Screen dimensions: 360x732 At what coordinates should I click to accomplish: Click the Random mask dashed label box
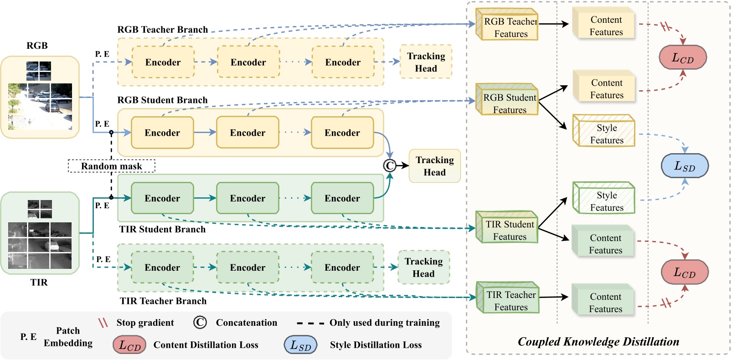[x=112, y=166]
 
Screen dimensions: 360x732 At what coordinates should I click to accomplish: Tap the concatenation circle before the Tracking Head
[x=390, y=165]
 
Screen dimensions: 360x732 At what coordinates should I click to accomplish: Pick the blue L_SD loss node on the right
[x=685, y=166]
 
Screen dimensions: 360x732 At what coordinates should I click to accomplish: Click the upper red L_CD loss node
[x=683, y=57]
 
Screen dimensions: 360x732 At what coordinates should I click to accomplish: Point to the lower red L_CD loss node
[x=685, y=272]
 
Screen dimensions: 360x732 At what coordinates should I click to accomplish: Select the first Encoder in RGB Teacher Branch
[x=163, y=62]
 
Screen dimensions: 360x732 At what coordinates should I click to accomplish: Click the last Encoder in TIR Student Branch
[x=342, y=198]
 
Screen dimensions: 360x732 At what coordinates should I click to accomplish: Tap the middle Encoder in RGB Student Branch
[x=247, y=133]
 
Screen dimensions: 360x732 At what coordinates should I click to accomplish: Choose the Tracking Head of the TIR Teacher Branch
[x=423, y=267]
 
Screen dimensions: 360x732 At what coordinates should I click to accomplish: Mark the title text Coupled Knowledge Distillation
[x=598, y=341]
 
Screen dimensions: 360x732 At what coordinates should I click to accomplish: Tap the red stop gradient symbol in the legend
[x=103, y=323]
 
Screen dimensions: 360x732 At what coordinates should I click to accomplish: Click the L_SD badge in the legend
[x=300, y=345]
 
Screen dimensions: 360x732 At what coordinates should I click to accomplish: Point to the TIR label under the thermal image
[x=39, y=282]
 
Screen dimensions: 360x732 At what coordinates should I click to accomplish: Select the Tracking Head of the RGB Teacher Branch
[x=426, y=62]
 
